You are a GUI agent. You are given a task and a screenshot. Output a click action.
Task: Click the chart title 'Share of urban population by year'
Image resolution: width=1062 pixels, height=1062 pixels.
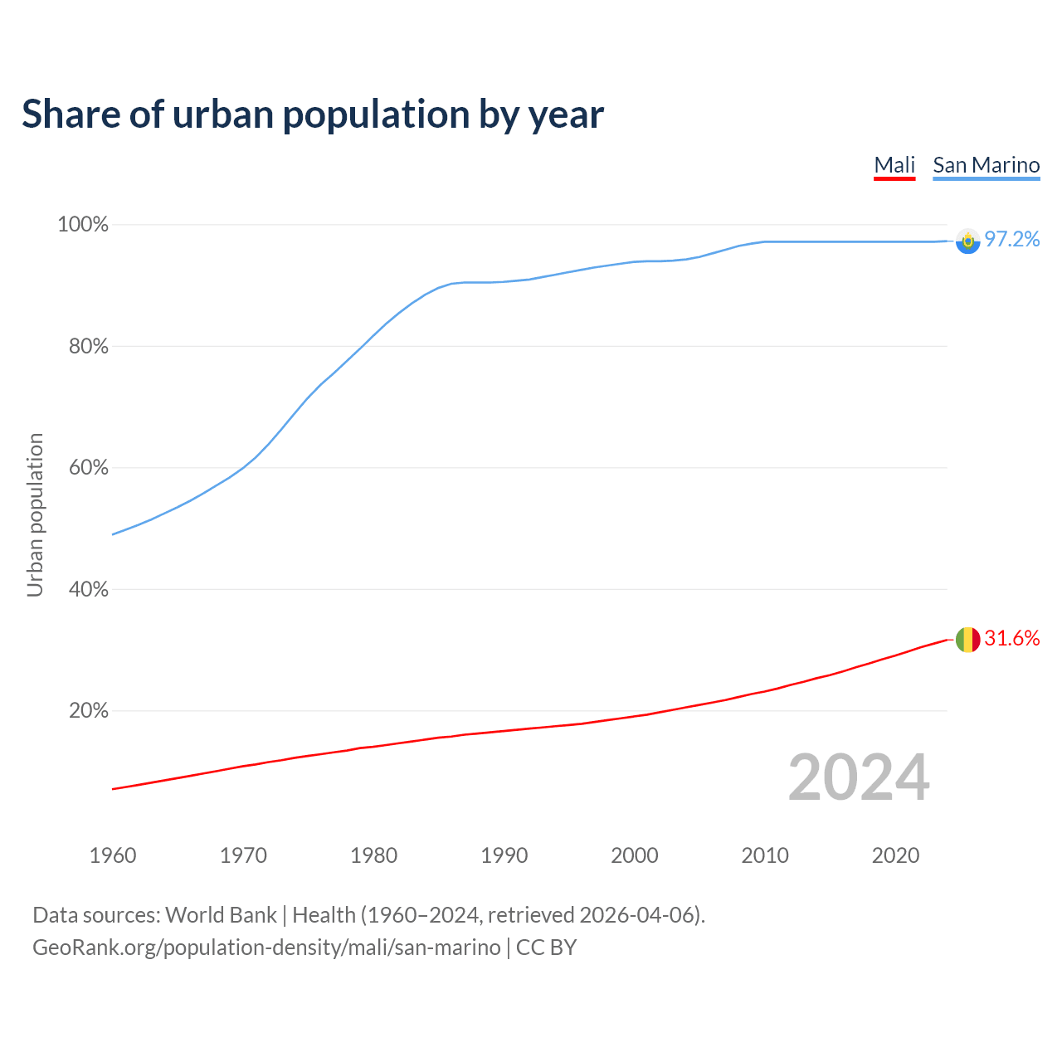tap(313, 114)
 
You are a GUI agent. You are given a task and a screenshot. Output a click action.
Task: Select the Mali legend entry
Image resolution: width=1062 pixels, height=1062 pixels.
tap(894, 165)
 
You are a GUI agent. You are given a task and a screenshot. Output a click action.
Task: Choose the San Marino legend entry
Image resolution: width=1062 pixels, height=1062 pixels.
tap(986, 165)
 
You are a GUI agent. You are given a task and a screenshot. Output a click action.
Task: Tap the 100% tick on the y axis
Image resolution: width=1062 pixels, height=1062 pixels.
tap(83, 225)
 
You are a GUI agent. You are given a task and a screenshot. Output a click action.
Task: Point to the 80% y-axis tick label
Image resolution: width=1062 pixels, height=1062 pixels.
tap(88, 347)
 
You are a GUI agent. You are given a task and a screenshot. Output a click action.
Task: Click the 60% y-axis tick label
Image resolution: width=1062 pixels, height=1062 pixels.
tap(88, 468)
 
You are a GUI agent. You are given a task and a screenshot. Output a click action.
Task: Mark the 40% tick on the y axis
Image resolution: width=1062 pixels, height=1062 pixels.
tap(88, 590)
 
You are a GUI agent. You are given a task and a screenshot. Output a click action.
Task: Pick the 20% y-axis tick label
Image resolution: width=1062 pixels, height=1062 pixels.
tap(88, 711)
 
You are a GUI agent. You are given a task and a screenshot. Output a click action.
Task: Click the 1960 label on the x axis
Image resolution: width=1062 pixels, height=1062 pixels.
tap(113, 855)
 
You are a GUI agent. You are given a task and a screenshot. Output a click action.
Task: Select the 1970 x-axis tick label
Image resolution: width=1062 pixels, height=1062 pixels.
tap(243, 855)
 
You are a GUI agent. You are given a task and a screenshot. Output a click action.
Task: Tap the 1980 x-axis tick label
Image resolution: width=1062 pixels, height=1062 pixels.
tap(374, 855)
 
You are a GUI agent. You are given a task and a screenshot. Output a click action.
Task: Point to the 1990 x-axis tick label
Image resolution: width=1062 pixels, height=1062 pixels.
tap(504, 855)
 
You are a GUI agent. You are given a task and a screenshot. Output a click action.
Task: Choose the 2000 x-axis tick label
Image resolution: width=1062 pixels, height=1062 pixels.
tap(635, 855)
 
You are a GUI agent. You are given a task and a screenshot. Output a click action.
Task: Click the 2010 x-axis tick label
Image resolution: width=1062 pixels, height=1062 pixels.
tap(765, 855)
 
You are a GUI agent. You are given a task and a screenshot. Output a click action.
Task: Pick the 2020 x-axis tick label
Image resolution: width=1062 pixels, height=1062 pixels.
tap(895, 855)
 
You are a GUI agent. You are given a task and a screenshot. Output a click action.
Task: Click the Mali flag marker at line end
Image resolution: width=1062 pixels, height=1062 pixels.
tap(967, 640)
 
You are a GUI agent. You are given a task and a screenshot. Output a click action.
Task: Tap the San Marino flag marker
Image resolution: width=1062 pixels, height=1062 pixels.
tap(967, 241)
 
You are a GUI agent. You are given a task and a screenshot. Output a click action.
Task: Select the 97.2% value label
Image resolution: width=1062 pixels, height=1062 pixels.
tap(1011, 240)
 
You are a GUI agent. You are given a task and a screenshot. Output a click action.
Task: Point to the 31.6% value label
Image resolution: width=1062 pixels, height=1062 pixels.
tap(1011, 639)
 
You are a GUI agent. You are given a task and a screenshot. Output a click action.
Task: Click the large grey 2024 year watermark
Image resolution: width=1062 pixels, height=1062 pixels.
tap(859, 778)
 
